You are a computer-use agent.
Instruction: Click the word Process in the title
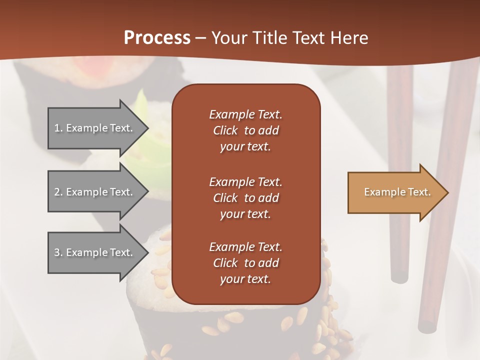click(157, 37)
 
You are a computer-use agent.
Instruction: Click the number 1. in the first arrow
click(58, 128)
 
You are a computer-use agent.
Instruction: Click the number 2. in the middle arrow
click(58, 192)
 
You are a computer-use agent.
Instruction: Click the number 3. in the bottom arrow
click(58, 252)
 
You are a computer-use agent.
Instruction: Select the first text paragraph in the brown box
click(245, 130)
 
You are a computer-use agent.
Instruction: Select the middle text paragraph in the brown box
click(245, 197)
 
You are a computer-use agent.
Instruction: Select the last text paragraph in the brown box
click(245, 263)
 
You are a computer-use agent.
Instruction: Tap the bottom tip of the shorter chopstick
click(399, 277)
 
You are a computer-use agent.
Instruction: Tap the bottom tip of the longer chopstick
click(426, 327)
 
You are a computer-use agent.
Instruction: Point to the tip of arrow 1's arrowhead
click(148, 128)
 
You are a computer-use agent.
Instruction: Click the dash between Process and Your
click(200, 38)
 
